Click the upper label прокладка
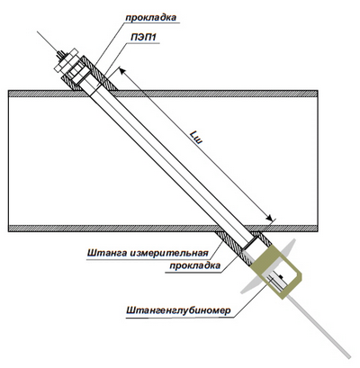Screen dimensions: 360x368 tap(151, 17)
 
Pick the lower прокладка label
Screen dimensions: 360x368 tap(195, 266)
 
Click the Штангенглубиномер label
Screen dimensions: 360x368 tap(179, 310)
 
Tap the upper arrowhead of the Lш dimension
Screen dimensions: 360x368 tap(122, 71)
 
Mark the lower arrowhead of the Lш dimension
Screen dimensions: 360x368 tap(269, 218)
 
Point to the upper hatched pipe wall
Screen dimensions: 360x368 tap(210, 94)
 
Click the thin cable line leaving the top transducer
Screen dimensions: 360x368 tap(47, 41)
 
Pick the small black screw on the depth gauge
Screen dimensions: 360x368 tap(281, 275)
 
